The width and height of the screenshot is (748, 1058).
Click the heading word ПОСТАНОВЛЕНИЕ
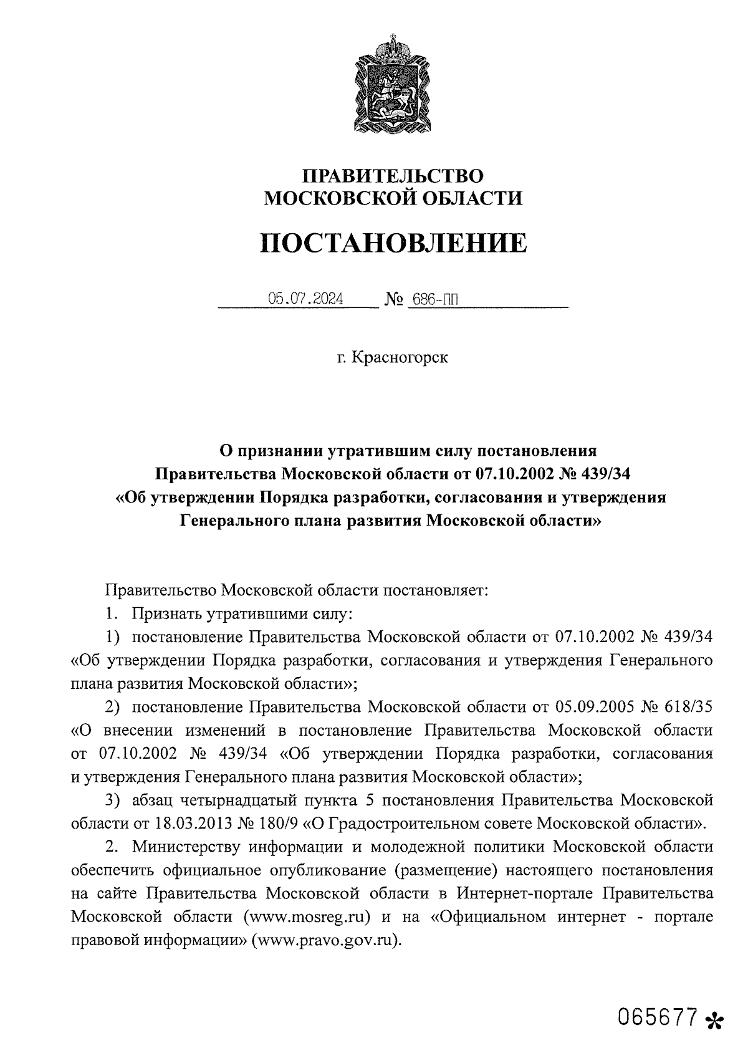(393, 243)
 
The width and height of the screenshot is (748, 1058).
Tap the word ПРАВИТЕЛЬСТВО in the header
(393, 176)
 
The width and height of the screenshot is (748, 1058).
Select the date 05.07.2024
(305, 299)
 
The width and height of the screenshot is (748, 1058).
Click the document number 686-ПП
(434, 300)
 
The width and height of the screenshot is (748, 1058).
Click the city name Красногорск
(400, 358)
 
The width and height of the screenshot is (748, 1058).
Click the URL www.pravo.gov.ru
(324, 940)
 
